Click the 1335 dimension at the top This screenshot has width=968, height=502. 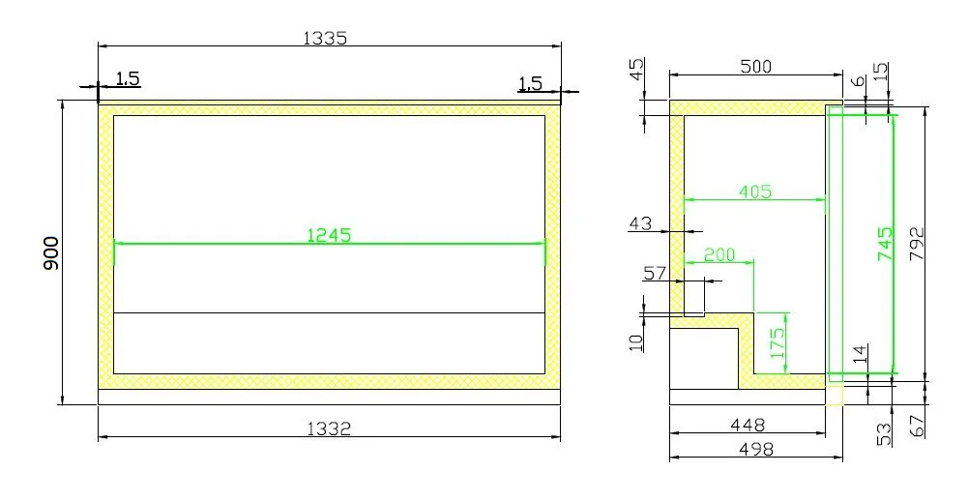[x=325, y=38]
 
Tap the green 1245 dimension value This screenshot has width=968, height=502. [x=328, y=234]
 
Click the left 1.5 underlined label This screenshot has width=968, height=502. [x=128, y=78]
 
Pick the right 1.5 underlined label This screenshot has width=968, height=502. [x=530, y=83]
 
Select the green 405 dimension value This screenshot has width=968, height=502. [x=754, y=192]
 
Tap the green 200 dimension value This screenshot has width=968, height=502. [x=718, y=254]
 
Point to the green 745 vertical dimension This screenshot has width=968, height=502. [x=884, y=245]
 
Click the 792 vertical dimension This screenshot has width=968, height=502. [x=917, y=245]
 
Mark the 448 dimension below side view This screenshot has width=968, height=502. [x=747, y=424]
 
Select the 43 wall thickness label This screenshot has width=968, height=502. [x=640, y=223]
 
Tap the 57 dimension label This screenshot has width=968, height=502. [x=656, y=274]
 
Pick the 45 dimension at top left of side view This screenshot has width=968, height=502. [x=636, y=72]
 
